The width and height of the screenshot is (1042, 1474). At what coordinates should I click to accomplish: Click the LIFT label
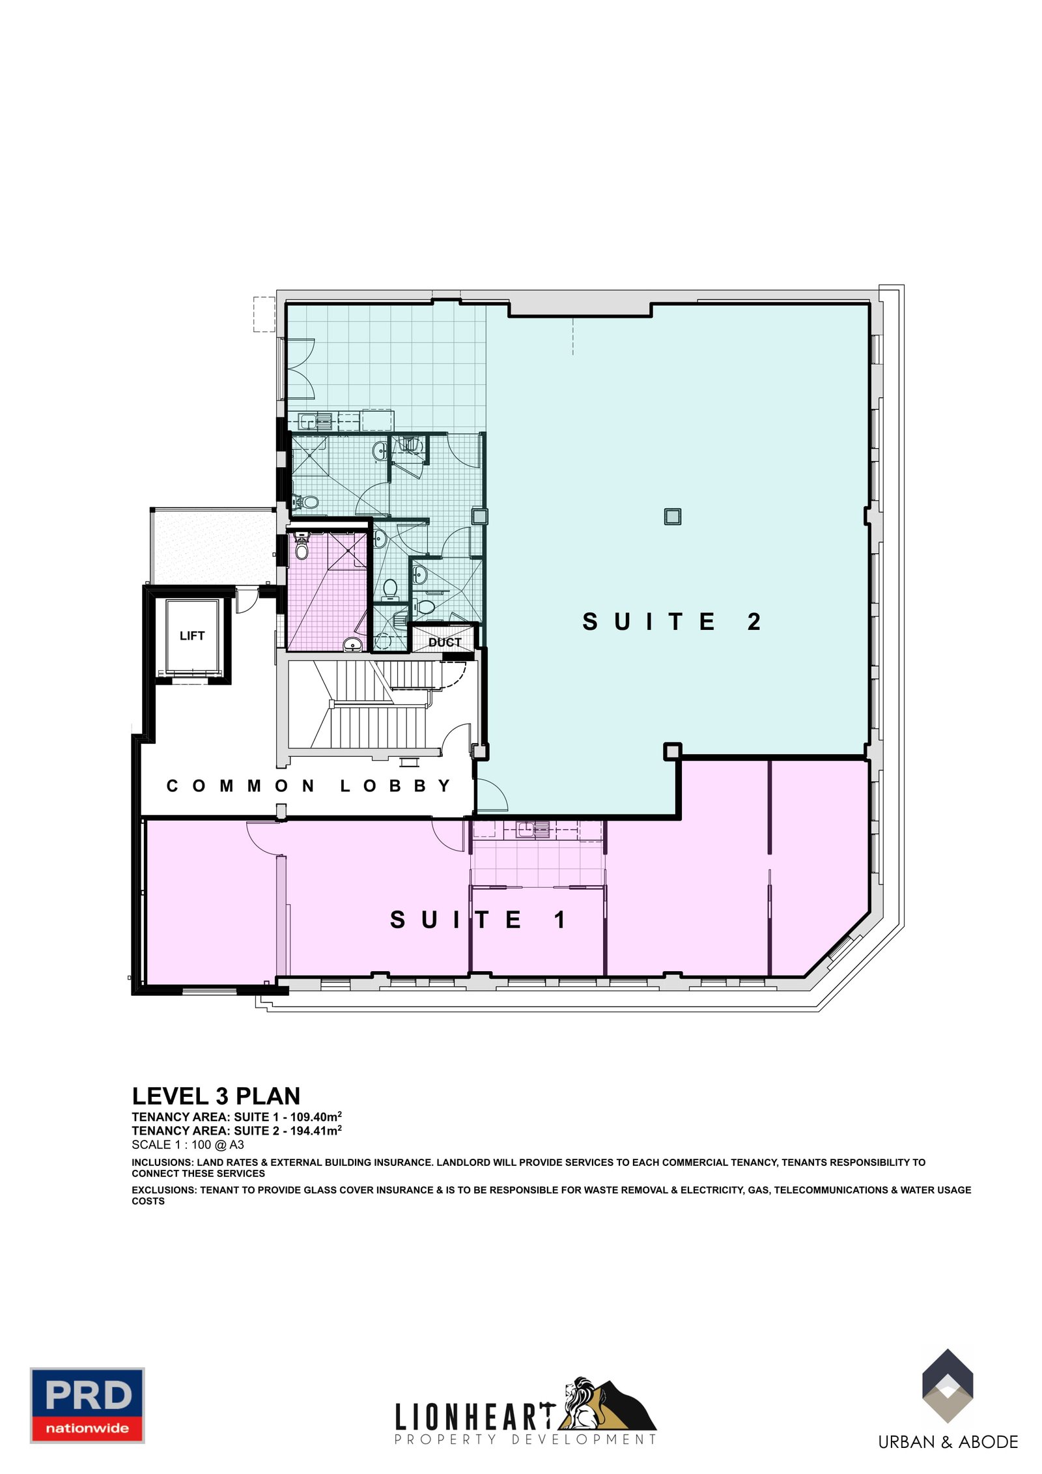click(x=192, y=636)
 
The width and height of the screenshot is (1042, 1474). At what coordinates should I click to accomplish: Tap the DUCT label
click(x=445, y=642)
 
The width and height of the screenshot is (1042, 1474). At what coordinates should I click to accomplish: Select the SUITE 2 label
click(x=671, y=621)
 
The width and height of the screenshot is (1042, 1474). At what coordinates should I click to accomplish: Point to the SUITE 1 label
click(x=478, y=920)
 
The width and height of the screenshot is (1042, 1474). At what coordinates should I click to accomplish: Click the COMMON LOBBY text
click(x=308, y=786)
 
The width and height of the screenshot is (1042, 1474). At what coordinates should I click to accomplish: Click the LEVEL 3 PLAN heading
click(x=216, y=1097)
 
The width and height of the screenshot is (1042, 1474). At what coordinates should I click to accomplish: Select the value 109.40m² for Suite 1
click(x=316, y=1116)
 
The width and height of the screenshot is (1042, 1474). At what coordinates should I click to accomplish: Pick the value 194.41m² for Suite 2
click(x=316, y=1131)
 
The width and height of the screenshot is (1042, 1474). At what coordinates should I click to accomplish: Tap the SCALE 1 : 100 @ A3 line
click(x=188, y=1144)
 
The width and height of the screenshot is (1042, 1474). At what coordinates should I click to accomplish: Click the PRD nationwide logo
click(x=87, y=1406)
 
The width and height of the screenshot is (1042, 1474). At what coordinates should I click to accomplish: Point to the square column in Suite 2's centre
click(x=673, y=517)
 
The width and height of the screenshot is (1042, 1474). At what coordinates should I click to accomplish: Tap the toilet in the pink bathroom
click(x=302, y=548)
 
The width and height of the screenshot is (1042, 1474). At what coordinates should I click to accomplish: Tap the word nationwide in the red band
click(x=87, y=1428)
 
